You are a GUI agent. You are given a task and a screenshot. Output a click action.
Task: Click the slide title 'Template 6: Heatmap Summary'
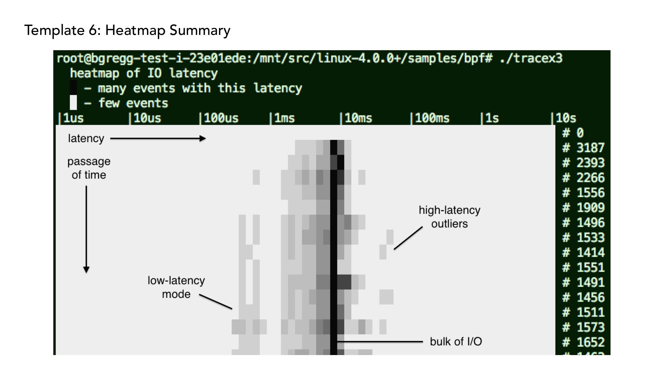(x=127, y=31)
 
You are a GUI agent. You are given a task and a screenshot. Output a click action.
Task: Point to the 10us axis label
(x=147, y=118)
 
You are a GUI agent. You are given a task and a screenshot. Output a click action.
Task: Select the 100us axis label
(x=220, y=118)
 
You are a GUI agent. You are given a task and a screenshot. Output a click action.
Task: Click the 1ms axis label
(x=284, y=118)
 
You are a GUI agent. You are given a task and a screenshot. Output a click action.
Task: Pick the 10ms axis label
(x=358, y=118)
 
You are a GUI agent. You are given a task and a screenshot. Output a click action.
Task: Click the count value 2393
(x=590, y=163)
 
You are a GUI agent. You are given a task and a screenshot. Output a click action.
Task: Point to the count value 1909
(x=590, y=208)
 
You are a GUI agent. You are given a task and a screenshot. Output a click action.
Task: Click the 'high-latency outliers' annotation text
(x=449, y=217)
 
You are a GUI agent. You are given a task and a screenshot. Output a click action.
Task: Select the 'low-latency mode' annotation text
(x=176, y=287)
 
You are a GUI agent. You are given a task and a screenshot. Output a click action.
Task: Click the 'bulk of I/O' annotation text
(x=456, y=342)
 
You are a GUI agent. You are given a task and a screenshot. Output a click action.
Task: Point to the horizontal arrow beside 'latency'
(x=158, y=139)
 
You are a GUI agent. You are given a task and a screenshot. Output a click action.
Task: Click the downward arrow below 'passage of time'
(x=86, y=229)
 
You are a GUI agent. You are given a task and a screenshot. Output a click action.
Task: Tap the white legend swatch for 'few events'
(x=73, y=102)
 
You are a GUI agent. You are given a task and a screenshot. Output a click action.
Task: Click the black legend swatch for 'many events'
(x=73, y=87)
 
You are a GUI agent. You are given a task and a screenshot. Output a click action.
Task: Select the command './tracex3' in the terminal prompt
(x=531, y=59)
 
